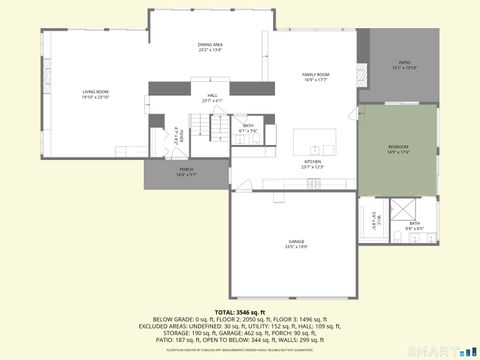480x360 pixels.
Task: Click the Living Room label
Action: coord(95,94)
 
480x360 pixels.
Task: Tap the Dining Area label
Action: coord(210,46)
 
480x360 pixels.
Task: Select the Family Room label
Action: coord(316,74)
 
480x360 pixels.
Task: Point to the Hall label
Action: coord(212,98)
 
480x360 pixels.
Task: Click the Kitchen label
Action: coord(313,163)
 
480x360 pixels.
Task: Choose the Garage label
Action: coord(296,242)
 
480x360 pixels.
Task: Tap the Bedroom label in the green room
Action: coord(398,148)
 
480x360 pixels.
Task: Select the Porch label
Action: coord(186,170)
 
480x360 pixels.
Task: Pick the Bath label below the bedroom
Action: coord(414,224)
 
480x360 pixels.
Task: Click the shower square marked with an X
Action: coord(404,207)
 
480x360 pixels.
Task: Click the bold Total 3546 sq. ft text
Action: coord(240,311)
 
